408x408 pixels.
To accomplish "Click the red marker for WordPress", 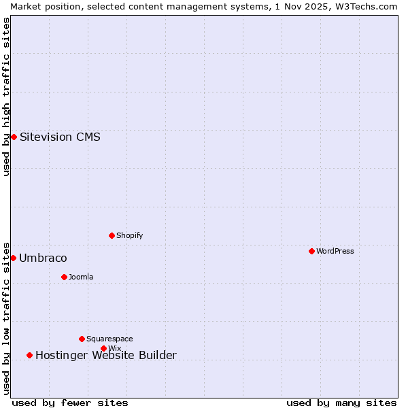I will pos(311,251).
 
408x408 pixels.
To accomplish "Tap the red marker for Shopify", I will pos(112,235).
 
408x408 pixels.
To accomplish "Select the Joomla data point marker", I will pos(64,277).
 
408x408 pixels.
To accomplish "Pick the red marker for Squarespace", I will pos(82,339).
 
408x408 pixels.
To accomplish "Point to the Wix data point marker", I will pos(103,348).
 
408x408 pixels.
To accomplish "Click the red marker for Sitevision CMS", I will pos(14,137).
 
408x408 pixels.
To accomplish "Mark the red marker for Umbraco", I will pos(13,258).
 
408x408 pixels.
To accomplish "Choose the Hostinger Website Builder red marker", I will pos(29,355).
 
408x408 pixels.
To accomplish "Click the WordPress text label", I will pos(335,251).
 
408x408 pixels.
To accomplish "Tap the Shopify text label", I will pos(130,235).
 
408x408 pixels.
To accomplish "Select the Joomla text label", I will pos(81,277).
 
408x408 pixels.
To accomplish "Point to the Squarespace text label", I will pos(109,339).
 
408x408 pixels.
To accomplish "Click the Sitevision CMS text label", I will pos(60,137).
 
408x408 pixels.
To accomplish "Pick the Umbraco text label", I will pos(43,258).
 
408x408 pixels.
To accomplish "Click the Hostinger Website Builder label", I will pos(105,355).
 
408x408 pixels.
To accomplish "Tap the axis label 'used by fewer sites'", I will pos(70,403).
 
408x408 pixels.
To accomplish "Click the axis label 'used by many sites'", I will pos(341,403).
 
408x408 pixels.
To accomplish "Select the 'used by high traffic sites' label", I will pos(6,97).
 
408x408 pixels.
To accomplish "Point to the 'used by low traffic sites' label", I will pos(6,318).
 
